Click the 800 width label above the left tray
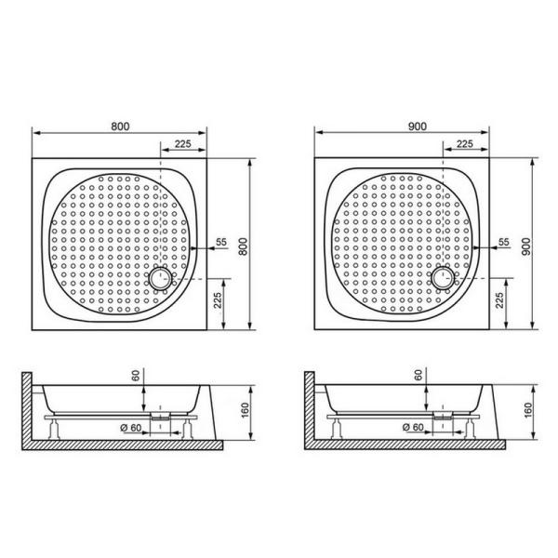pyautogui.click(x=120, y=126)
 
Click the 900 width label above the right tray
pyautogui.click(x=417, y=126)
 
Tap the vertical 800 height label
pyautogui.click(x=243, y=246)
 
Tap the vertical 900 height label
pyautogui.click(x=526, y=246)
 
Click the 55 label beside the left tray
pyautogui.click(x=221, y=242)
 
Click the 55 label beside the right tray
pyautogui.click(x=504, y=242)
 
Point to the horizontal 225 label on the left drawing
pyautogui.click(x=183, y=144)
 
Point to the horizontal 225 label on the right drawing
pyautogui.click(x=465, y=144)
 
